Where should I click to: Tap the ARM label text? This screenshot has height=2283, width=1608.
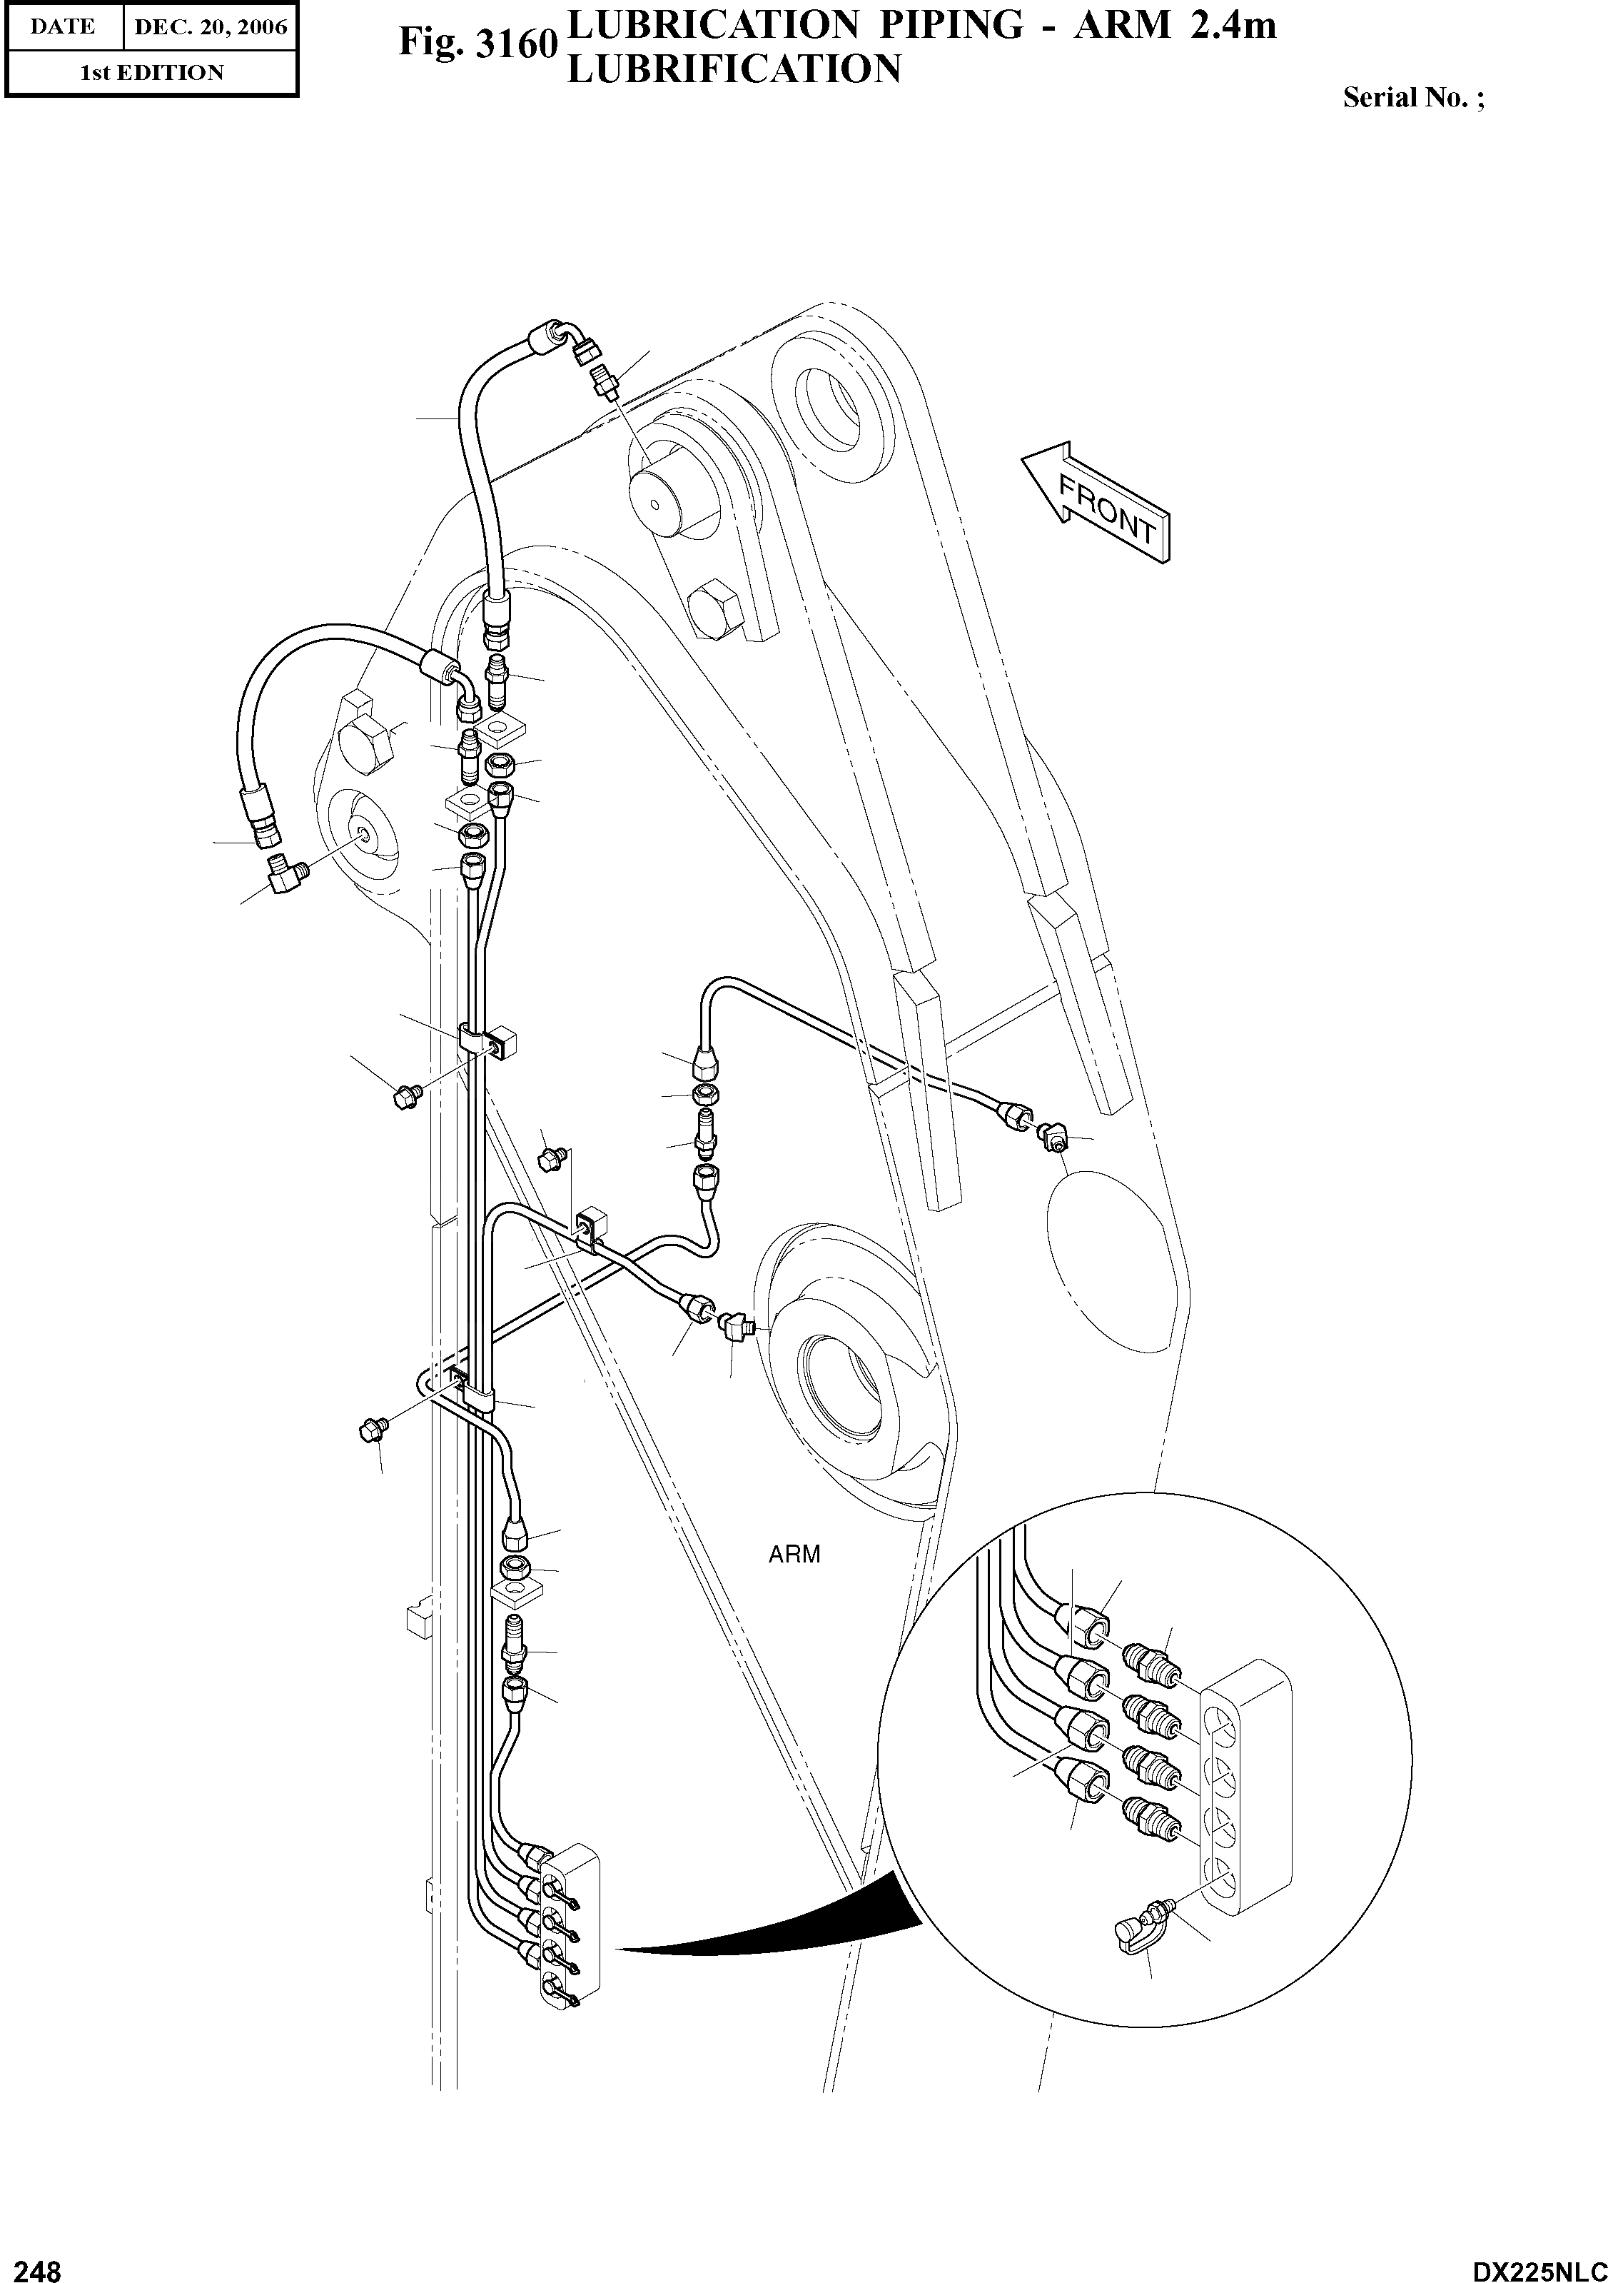point(794,1554)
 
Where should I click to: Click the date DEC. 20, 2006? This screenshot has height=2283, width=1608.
point(210,28)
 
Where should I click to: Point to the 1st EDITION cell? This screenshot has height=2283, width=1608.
point(151,73)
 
